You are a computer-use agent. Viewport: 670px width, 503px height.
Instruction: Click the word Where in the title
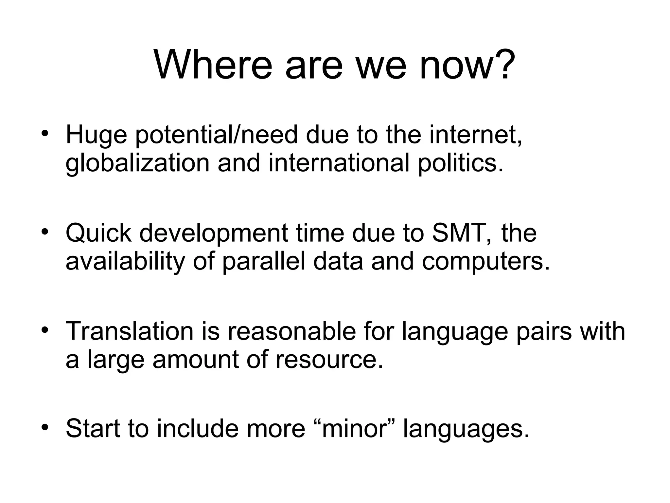(213, 65)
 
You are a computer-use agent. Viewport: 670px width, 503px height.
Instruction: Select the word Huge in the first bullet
(96, 135)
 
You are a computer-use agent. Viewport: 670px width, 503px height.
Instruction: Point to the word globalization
(137, 163)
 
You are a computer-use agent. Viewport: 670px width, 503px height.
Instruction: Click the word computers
(486, 262)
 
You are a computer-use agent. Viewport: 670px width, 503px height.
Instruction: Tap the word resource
(329, 359)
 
